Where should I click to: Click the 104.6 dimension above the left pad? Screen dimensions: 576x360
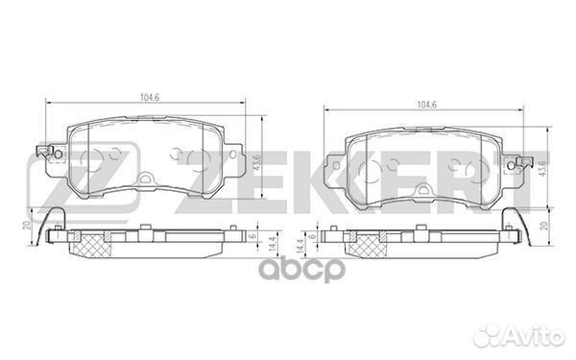(x=149, y=98)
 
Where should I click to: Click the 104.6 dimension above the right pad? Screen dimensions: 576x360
(x=427, y=105)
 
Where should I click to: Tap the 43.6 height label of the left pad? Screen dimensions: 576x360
(x=256, y=163)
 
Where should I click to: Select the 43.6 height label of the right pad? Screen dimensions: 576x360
(x=543, y=169)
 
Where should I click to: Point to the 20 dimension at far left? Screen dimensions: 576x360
(x=27, y=226)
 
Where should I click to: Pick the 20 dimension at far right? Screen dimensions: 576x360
(x=545, y=226)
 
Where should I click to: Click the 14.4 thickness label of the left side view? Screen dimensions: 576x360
(x=273, y=244)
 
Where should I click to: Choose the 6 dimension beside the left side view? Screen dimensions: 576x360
(x=252, y=236)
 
